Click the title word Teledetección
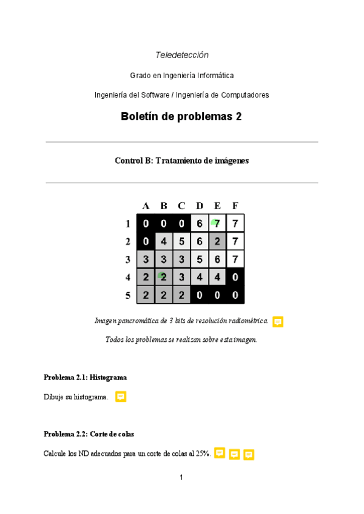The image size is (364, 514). (x=182, y=55)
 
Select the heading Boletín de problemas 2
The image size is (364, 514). (x=181, y=116)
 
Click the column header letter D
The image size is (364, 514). (x=200, y=206)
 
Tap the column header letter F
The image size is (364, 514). (x=235, y=206)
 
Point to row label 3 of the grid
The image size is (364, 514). (x=128, y=259)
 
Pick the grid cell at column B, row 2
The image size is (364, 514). (x=164, y=241)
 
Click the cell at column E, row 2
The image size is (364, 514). (x=217, y=241)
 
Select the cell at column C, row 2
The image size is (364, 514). (x=181, y=241)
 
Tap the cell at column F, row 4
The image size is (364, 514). (x=235, y=277)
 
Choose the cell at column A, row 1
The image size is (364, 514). (x=146, y=224)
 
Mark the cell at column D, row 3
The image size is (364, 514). (x=200, y=259)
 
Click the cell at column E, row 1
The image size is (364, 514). (x=217, y=224)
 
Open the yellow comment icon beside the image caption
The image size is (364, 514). (x=278, y=322)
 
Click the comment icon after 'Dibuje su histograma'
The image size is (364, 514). (x=121, y=397)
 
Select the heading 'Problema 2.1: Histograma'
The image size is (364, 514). (x=85, y=378)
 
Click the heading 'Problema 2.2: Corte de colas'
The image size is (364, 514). (x=89, y=434)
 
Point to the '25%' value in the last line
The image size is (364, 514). (x=203, y=453)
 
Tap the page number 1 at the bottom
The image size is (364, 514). (x=181, y=478)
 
